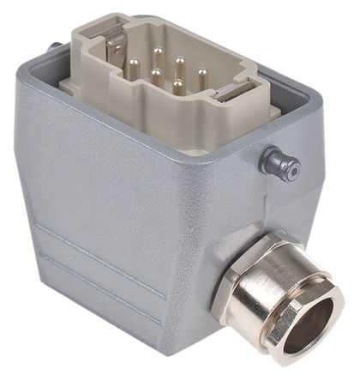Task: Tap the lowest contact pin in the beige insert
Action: [x=176, y=87]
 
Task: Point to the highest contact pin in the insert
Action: [x=157, y=51]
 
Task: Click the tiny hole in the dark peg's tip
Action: [x=293, y=169]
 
